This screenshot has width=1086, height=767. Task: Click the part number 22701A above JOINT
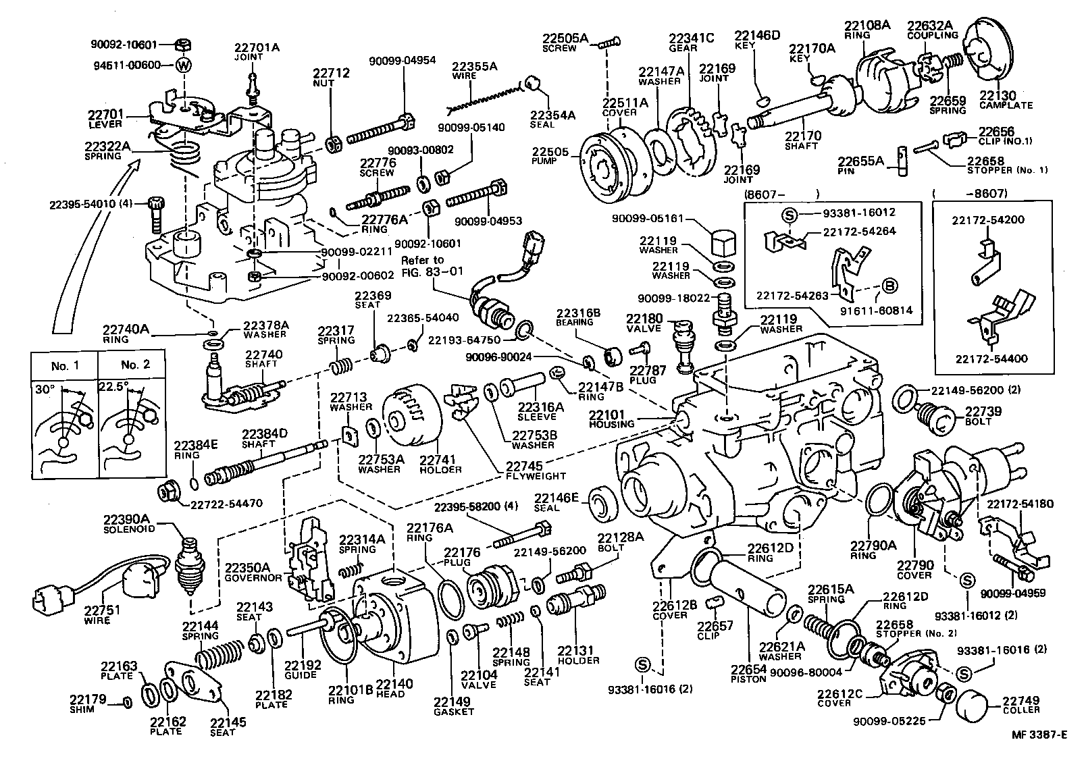(257, 48)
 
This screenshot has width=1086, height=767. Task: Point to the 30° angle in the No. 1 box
(46, 390)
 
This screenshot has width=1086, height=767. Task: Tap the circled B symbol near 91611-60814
(889, 286)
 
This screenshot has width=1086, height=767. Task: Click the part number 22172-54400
(990, 359)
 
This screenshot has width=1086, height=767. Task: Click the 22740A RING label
(126, 334)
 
